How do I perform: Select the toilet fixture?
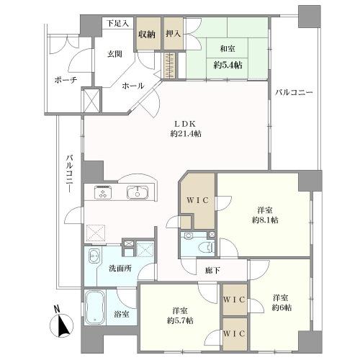[x=207, y=247]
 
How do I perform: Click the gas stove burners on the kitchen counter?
[x=103, y=192]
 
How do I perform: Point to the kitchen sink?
[x=138, y=192]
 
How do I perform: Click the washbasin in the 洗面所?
[x=94, y=256]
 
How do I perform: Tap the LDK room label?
[x=185, y=124]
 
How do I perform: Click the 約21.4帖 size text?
[x=186, y=134]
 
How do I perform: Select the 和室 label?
[x=228, y=49]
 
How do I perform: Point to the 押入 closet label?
[x=173, y=34]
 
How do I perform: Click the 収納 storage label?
[x=147, y=35]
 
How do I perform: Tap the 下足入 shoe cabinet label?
[x=117, y=24]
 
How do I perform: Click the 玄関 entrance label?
[x=114, y=55]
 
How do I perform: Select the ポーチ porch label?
[x=66, y=80]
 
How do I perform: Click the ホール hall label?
[x=132, y=86]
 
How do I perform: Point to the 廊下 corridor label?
[x=212, y=271]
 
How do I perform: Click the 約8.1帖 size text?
[x=265, y=220]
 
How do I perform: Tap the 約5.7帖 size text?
[x=180, y=320]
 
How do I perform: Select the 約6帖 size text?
[x=282, y=307]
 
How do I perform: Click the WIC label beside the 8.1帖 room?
[x=198, y=200]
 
